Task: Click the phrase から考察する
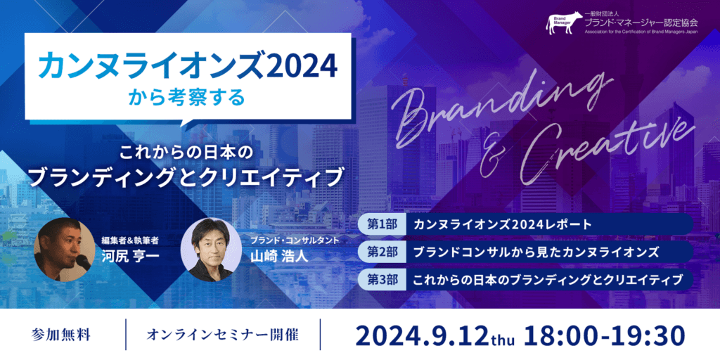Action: click(x=187, y=98)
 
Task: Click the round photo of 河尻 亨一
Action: click(x=64, y=250)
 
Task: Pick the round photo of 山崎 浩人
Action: click(x=212, y=250)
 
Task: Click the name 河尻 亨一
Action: click(x=130, y=255)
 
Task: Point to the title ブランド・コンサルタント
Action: click(x=295, y=240)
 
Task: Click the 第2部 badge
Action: click(x=382, y=252)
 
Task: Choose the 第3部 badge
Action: click(x=382, y=278)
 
